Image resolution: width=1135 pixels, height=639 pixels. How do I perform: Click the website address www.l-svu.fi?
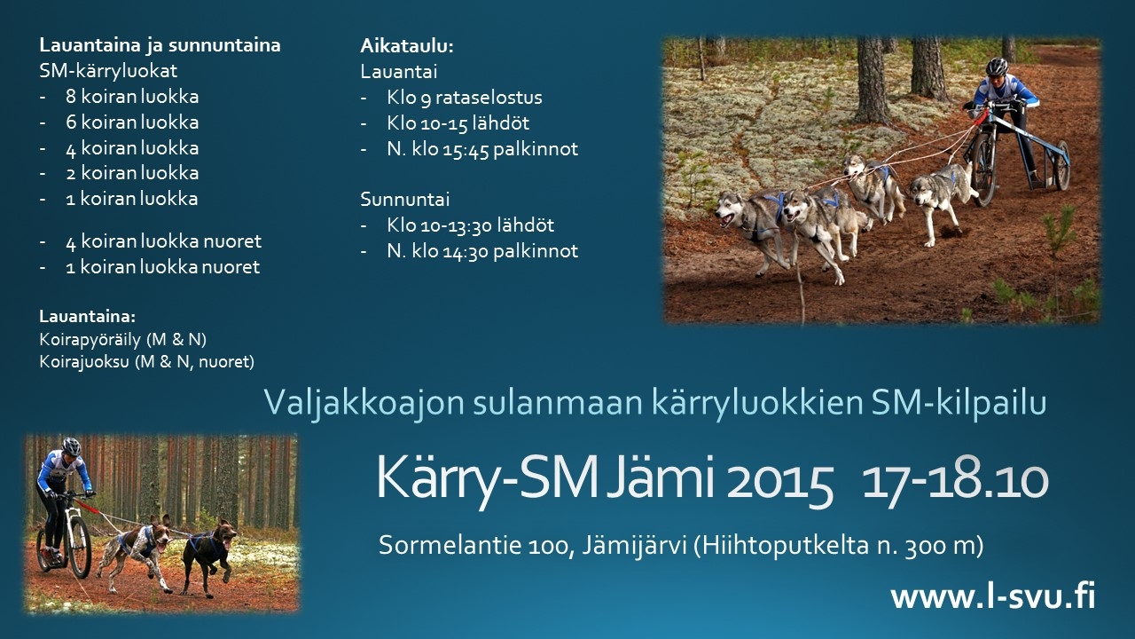992,596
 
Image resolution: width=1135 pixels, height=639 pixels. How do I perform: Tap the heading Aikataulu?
406,46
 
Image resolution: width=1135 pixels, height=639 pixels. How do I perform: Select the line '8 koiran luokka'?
132,97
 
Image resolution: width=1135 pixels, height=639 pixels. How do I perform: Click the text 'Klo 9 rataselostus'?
464,98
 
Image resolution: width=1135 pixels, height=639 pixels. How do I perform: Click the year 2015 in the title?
779,480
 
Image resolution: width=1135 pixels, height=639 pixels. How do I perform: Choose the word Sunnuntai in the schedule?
405,200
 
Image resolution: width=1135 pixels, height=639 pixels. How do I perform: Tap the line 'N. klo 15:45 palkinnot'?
481,149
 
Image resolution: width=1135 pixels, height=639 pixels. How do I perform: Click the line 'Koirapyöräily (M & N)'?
122,339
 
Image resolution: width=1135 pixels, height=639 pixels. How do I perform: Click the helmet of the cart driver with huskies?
997,66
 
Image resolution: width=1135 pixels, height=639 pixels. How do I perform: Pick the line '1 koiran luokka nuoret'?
162,267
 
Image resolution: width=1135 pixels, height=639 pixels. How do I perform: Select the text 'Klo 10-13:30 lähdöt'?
470,225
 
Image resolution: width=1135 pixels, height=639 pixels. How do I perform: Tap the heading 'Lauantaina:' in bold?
87,317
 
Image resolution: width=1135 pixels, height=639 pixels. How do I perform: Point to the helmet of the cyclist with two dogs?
72,446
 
